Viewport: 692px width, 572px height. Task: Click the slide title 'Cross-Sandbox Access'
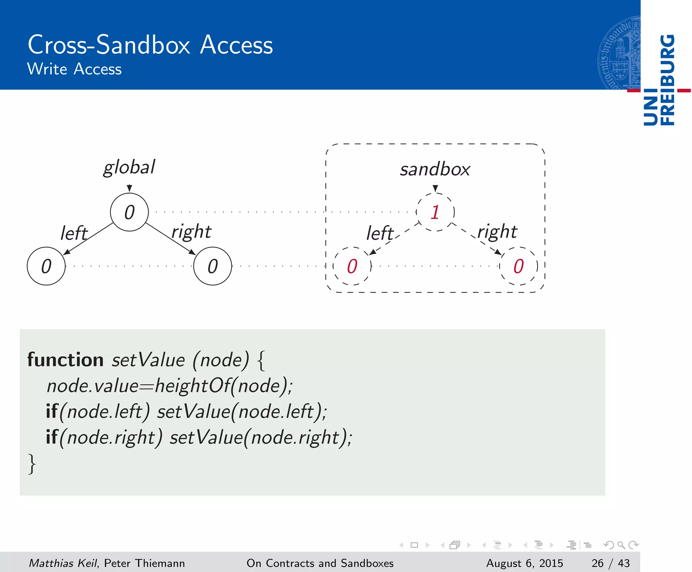click(150, 45)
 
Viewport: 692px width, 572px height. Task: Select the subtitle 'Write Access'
click(74, 69)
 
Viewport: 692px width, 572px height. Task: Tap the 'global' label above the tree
click(129, 167)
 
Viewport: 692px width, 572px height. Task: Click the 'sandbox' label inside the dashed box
click(435, 169)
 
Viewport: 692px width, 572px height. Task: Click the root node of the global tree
click(129, 212)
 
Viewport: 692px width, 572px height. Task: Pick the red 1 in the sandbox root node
click(435, 212)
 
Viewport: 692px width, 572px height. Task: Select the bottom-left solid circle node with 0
click(46, 266)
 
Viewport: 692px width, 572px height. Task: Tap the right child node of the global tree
click(213, 266)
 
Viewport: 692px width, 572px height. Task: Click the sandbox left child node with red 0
click(352, 266)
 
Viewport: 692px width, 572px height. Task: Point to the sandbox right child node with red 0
click(519, 266)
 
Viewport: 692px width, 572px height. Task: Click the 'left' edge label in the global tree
click(74, 233)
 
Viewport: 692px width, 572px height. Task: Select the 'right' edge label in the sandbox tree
click(497, 232)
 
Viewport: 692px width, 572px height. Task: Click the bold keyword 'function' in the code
click(65, 360)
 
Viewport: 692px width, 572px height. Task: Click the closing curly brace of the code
click(32, 464)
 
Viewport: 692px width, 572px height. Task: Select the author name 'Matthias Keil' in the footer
click(63, 563)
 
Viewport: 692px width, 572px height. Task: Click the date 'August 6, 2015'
click(524, 563)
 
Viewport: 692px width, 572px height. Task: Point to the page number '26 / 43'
click(611, 563)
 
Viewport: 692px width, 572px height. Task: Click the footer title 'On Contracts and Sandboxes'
click(320, 563)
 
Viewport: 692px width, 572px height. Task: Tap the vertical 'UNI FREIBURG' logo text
click(659, 80)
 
